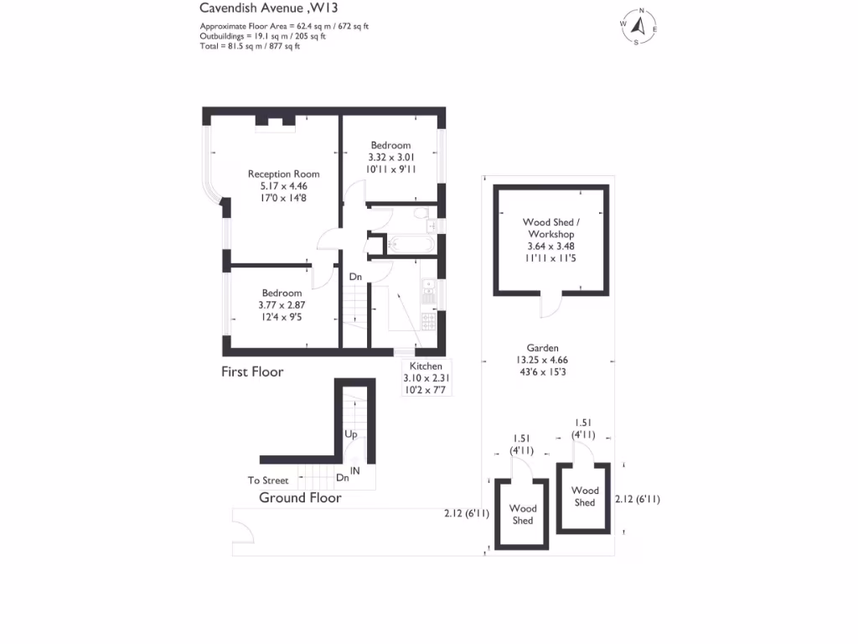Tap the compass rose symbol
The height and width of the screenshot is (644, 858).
639,27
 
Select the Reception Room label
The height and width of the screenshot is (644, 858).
283,174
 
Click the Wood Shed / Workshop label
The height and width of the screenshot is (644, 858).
550,228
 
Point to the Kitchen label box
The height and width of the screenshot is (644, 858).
426,378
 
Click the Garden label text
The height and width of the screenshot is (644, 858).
542,348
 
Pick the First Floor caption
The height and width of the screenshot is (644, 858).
252,371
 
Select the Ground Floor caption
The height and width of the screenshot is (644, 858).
300,497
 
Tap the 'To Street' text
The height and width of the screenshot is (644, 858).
268,480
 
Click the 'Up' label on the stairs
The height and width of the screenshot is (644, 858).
352,434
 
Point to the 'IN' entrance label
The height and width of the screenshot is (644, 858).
355,471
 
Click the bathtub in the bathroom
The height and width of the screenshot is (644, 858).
409,246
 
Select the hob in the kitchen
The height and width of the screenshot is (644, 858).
428,321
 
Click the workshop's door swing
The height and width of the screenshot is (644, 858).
550,307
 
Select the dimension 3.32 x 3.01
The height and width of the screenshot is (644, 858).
391,157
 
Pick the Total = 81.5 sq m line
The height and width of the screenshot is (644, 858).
249,46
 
